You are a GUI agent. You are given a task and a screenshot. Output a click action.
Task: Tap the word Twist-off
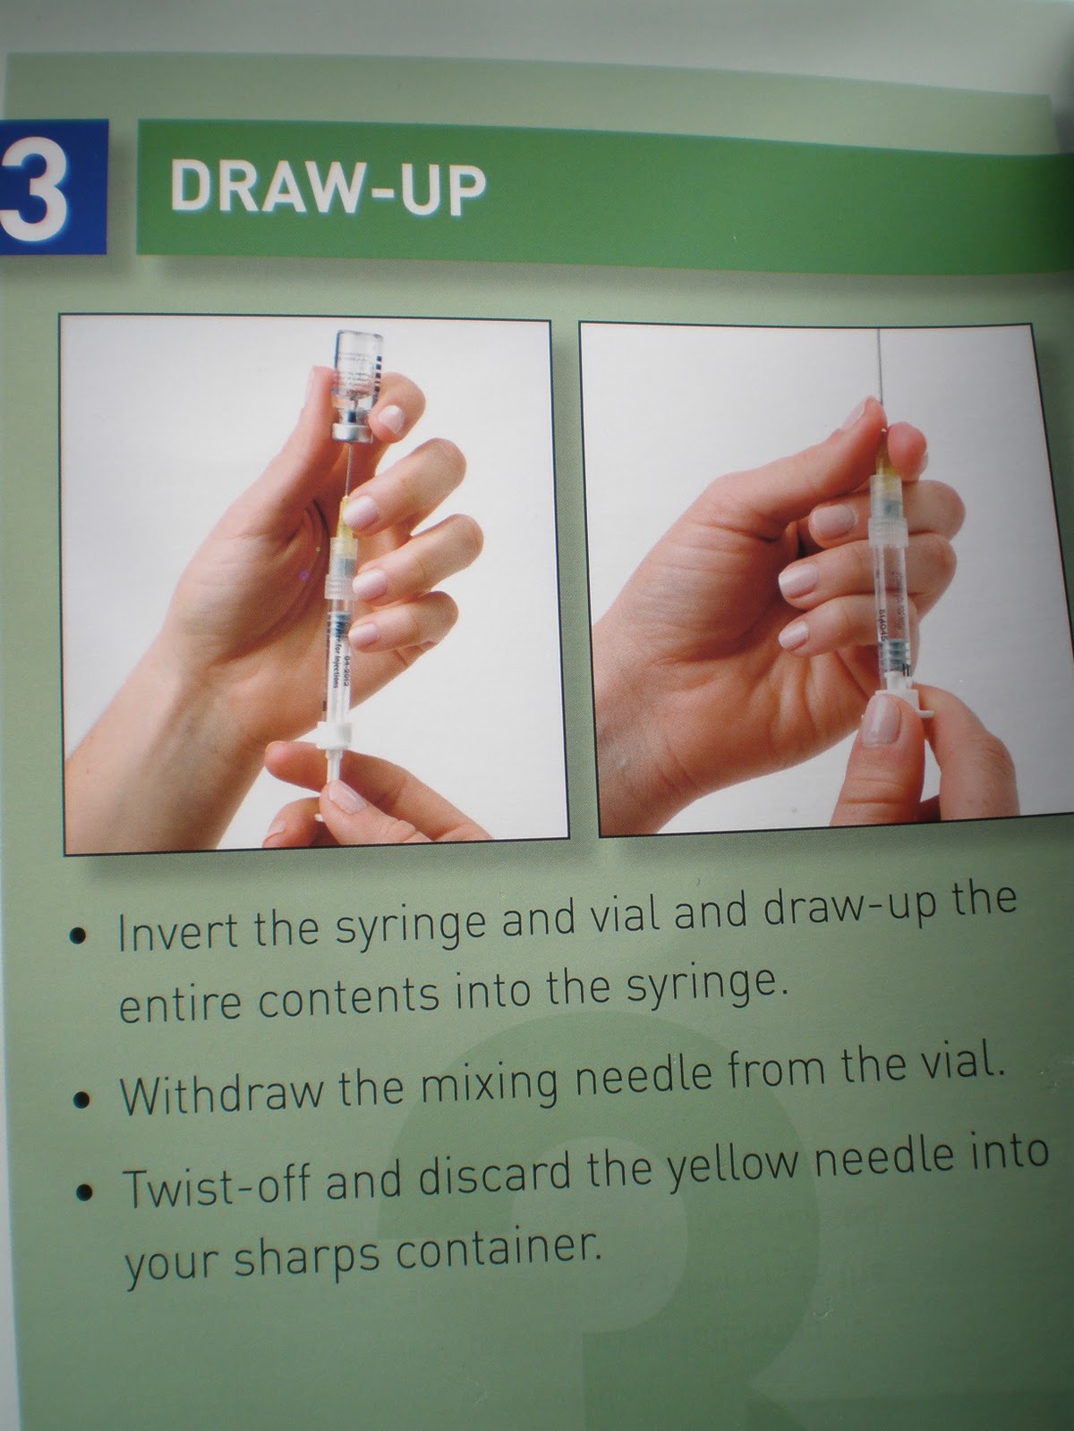(x=218, y=1186)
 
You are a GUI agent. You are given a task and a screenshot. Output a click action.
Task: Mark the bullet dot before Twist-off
(x=85, y=1193)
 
